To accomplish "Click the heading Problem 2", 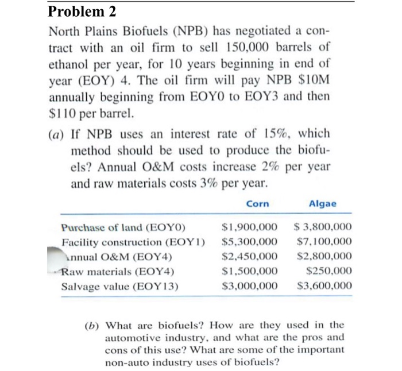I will coord(83,11).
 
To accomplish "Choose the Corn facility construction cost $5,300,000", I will coord(250,242).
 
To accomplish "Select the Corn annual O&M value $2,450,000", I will coord(250,256).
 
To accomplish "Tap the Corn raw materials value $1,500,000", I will coord(250,271).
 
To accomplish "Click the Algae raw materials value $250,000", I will coord(330,271).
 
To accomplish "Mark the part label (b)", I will coord(91,324).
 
